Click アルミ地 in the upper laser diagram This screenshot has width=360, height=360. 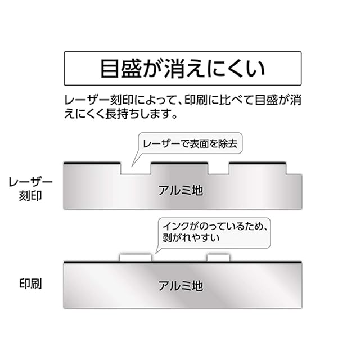(x=179, y=190)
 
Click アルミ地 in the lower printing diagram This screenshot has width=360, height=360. (x=179, y=285)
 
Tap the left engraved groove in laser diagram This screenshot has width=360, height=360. (x=136, y=169)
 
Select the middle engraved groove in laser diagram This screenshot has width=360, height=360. (x=218, y=169)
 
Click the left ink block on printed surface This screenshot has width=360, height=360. (x=136, y=257)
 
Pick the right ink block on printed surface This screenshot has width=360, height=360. (x=218, y=257)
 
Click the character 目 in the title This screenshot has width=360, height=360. (x=111, y=69)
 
